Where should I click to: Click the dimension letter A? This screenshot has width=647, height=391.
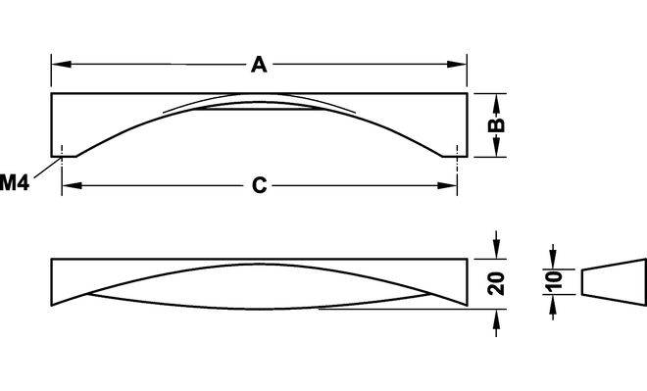[x=259, y=65]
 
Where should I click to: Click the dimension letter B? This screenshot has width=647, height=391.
[x=496, y=125]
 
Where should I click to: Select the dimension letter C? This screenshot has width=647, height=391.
[x=259, y=185]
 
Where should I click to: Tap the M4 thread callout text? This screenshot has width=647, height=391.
[x=15, y=182]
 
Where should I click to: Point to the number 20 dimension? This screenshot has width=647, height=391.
[x=496, y=283]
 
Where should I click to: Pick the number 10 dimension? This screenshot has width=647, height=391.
[x=553, y=281]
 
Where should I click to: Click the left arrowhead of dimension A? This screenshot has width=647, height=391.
[x=61, y=65]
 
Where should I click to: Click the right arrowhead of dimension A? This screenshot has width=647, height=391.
[x=457, y=65]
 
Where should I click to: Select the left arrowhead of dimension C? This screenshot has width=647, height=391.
[x=72, y=185]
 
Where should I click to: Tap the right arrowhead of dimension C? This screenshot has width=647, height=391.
[x=447, y=185]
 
